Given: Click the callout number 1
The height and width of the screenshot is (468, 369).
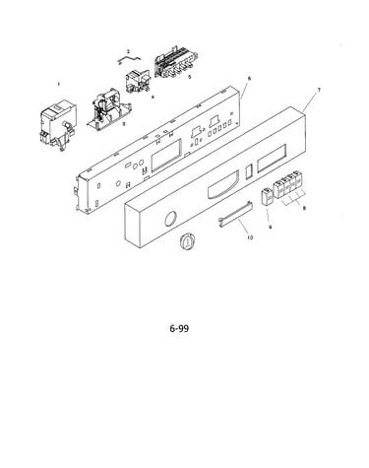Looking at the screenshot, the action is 59,85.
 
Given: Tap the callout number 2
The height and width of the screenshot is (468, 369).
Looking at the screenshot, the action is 128,51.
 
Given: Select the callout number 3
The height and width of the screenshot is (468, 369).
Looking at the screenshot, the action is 124,124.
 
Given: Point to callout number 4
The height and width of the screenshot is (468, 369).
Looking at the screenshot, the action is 153,97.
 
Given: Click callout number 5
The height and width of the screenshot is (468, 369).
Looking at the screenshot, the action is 189,77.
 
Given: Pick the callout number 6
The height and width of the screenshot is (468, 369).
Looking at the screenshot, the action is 249,79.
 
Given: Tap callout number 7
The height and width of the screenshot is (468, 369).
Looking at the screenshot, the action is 319,90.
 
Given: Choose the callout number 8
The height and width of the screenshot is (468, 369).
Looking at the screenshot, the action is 304,208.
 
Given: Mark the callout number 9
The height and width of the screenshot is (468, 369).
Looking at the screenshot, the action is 271,227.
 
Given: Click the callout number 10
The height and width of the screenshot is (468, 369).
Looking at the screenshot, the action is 250,237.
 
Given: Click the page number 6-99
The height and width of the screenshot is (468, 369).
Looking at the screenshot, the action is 179,328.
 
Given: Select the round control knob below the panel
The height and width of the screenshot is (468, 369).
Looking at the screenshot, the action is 187,242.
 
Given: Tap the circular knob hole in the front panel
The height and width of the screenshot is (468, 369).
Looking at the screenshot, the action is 170,219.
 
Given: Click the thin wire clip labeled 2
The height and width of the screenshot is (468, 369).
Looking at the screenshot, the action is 129,58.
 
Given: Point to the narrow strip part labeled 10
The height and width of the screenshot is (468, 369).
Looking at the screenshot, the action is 235,214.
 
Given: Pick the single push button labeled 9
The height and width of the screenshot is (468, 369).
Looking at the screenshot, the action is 267,197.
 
